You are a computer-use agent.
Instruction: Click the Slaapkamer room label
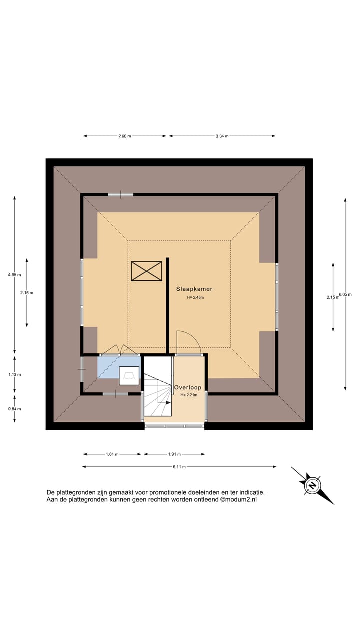pyautogui.click(x=194, y=289)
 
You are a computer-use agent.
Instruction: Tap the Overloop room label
pyautogui.click(x=187, y=387)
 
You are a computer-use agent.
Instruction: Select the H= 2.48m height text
pyautogui.click(x=195, y=297)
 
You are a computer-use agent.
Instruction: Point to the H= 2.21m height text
pyautogui.click(x=189, y=395)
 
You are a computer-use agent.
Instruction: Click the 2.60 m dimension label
pyautogui.click(x=125, y=136)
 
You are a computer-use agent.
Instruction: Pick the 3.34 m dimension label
pyautogui.click(x=222, y=136)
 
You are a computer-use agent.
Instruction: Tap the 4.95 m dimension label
pyautogui.click(x=14, y=275)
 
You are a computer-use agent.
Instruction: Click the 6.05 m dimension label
pyautogui.click(x=345, y=294)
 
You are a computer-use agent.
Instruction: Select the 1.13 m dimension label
pyautogui.click(x=14, y=375)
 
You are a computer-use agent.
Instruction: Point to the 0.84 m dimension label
pyautogui.click(x=14, y=409)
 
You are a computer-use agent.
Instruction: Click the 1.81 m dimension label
pyautogui.click(x=112, y=454)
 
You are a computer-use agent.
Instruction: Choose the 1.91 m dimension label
pyautogui.click(x=174, y=454)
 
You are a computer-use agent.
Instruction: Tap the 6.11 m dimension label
pyautogui.click(x=179, y=467)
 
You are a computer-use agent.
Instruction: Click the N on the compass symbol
pyautogui.click(x=313, y=485)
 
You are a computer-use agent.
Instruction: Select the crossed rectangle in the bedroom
pyautogui.click(x=146, y=271)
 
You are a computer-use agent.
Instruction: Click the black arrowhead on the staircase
pyautogui.click(x=168, y=402)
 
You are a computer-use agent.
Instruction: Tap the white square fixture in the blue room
pyautogui.click(x=129, y=376)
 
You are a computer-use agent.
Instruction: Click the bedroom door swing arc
pyautogui.click(x=194, y=337)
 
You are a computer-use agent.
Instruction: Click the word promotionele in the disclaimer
pyautogui.click(x=168, y=493)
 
